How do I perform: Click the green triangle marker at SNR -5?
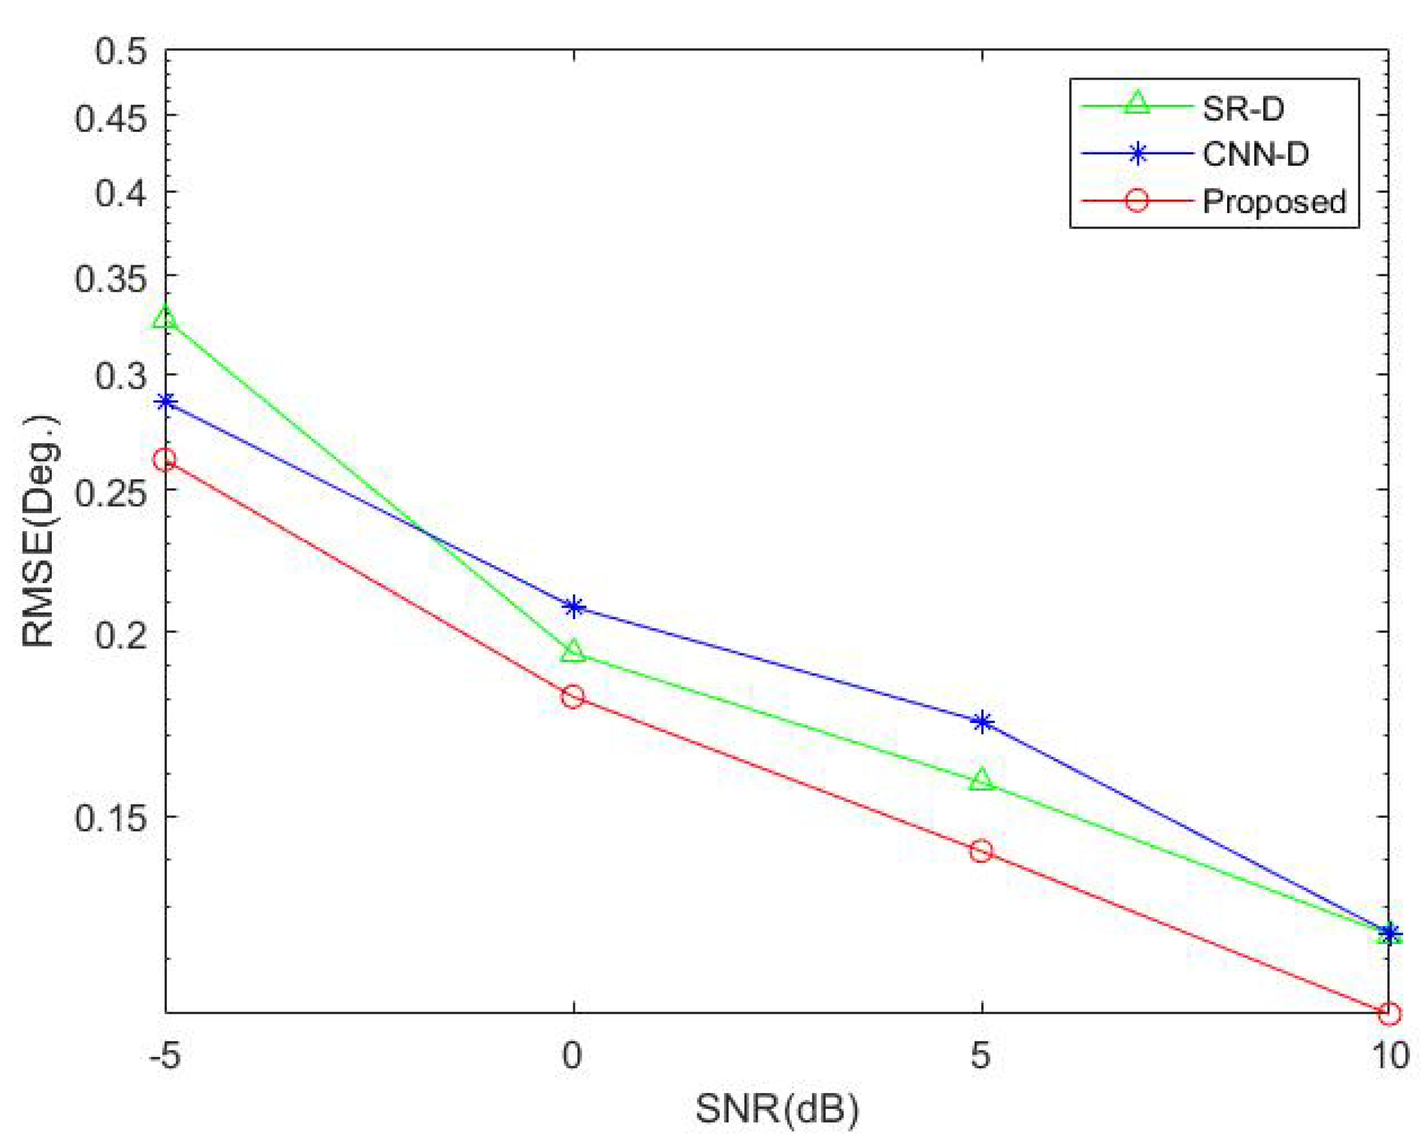pyautogui.click(x=165, y=318)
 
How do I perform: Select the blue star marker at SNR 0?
pyautogui.click(x=574, y=607)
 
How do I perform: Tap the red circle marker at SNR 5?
pyautogui.click(x=982, y=851)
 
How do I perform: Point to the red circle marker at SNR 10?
pyautogui.click(x=1389, y=1014)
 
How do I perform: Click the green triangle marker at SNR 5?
pyautogui.click(x=982, y=780)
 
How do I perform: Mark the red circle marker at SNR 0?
pyautogui.click(x=573, y=696)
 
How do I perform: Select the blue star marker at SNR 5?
pyautogui.click(x=982, y=722)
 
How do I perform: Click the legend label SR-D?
pyautogui.click(x=1243, y=109)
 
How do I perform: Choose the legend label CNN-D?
pyautogui.click(x=1255, y=154)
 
